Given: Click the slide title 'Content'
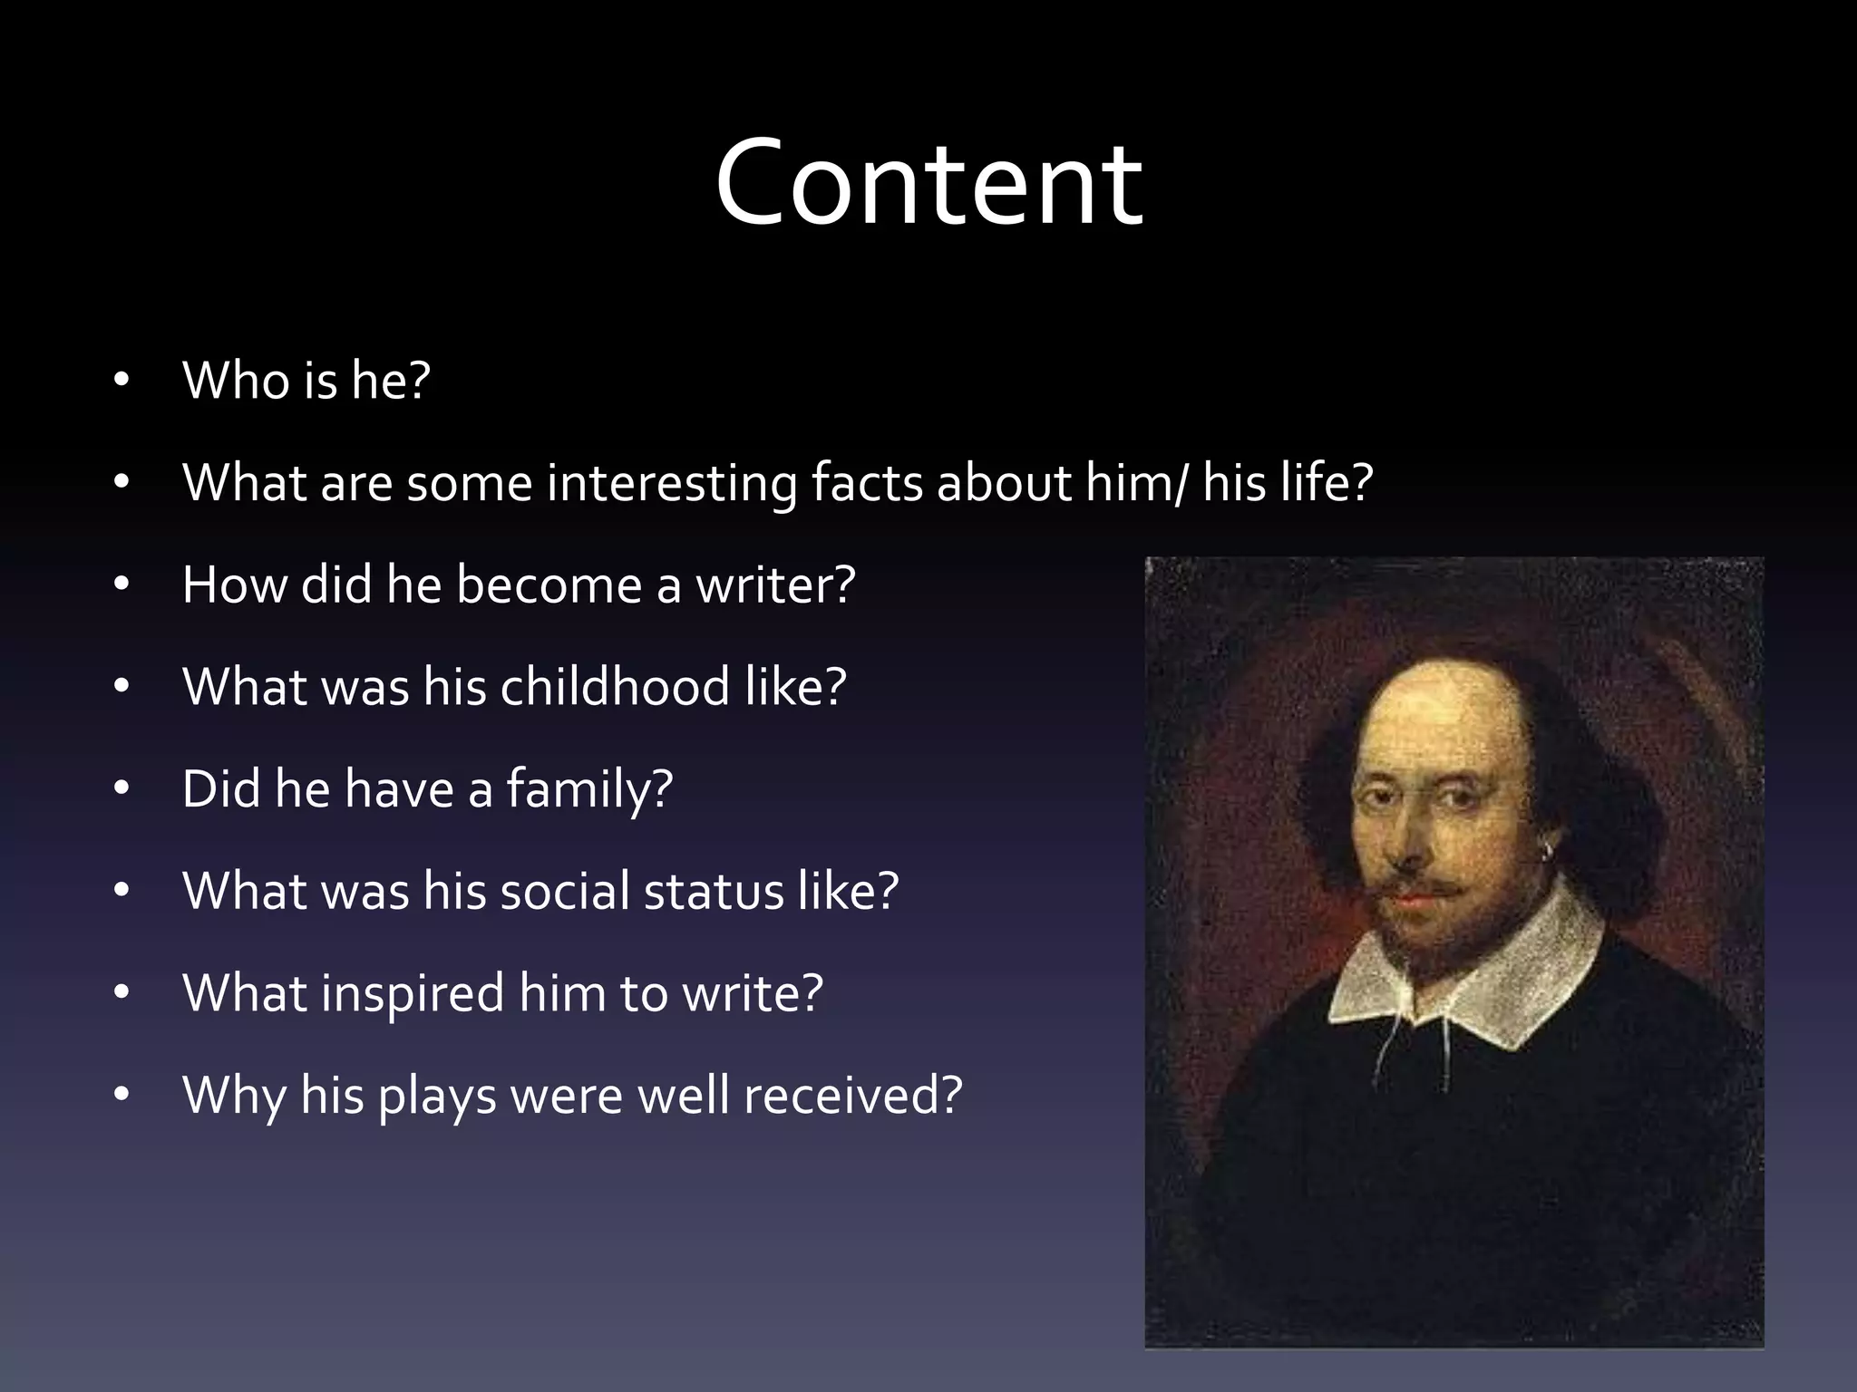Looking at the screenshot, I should tap(928, 183).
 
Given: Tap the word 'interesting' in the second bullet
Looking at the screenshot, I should tap(672, 483).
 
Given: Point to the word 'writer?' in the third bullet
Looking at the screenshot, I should tap(775, 585).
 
